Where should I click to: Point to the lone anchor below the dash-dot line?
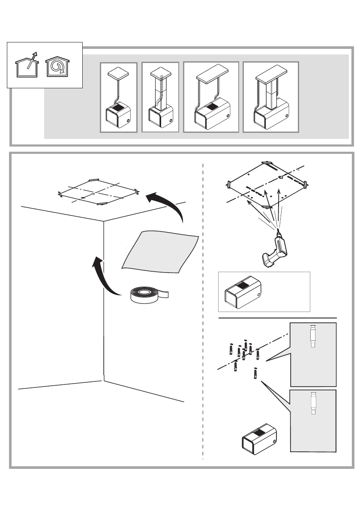(x=256, y=374)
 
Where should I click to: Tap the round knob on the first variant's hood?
(x=129, y=121)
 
